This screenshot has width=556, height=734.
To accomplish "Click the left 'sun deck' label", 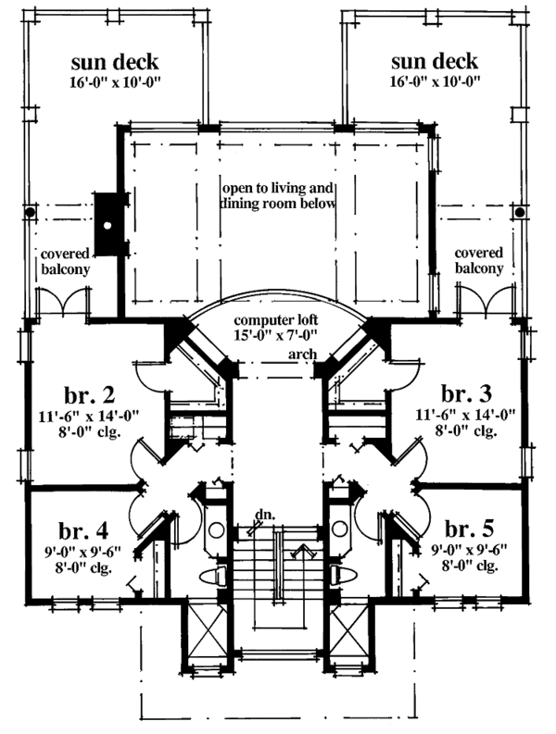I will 117,63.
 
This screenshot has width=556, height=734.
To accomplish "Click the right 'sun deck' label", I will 435,63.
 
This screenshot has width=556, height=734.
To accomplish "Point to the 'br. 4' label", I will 87,532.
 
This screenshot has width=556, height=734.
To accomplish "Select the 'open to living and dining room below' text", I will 278,195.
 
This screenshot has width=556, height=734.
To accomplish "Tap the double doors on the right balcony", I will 488,302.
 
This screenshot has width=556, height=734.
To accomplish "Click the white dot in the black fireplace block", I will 108,224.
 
